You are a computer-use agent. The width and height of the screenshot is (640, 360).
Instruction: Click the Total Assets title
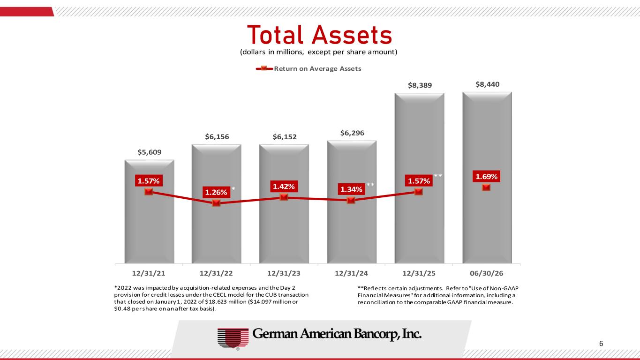(x=319, y=35)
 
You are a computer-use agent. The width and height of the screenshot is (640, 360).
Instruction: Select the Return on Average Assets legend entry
(x=309, y=68)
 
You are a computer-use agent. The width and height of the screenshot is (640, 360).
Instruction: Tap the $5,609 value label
(x=150, y=152)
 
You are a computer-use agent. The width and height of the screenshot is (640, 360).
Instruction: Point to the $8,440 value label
(x=488, y=84)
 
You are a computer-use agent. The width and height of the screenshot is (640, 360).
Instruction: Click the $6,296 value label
(x=352, y=133)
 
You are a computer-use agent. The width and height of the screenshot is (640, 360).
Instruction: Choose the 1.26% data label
(x=216, y=192)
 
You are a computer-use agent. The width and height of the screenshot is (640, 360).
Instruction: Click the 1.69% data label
(x=486, y=177)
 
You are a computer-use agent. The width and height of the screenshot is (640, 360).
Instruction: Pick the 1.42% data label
(x=284, y=186)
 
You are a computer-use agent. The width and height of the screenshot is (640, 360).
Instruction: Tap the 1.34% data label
(x=352, y=189)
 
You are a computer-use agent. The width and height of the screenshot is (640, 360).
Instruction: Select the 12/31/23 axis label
(x=284, y=273)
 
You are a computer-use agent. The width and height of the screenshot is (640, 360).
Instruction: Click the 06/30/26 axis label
(x=487, y=273)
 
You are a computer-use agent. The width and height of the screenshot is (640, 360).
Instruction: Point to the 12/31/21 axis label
(x=149, y=273)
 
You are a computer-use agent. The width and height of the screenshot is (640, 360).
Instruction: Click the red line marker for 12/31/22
(x=216, y=203)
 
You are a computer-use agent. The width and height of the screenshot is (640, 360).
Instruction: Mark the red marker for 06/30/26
(x=486, y=187)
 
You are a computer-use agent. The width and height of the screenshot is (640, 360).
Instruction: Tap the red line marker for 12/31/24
(x=351, y=200)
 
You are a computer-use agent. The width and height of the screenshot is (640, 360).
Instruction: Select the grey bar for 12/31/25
(x=420, y=178)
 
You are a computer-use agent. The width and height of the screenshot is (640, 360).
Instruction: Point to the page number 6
(x=601, y=344)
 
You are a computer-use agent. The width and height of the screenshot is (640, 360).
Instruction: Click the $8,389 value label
(x=420, y=85)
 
